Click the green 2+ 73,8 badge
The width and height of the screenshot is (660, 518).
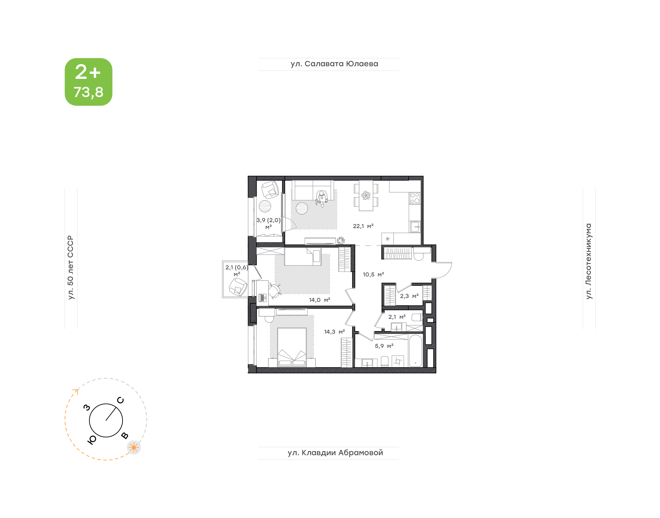[x=88, y=82]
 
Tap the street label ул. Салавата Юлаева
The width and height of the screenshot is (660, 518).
[x=334, y=64]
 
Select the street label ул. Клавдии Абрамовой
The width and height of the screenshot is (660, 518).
[x=335, y=453]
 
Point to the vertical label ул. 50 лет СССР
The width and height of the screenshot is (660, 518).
[x=71, y=267]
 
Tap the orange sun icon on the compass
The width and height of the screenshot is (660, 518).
[x=134, y=447]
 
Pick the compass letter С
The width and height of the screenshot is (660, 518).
[x=120, y=400]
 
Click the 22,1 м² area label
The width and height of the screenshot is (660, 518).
[x=363, y=226]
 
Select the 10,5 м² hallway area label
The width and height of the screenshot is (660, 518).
[x=374, y=274]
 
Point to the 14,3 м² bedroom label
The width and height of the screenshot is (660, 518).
[x=334, y=332]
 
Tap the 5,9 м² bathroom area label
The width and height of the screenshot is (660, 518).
[x=384, y=346]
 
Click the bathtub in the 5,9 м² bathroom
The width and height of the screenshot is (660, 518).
[x=415, y=351]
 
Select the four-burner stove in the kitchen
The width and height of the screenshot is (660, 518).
[x=415, y=198]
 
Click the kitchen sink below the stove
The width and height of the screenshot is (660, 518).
[x=415, y=226]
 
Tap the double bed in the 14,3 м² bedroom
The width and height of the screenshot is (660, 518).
[x=292, y=347]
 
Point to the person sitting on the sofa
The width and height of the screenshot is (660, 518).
[x=321, y=198]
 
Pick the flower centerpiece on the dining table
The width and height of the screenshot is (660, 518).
[x=366, y=195]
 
